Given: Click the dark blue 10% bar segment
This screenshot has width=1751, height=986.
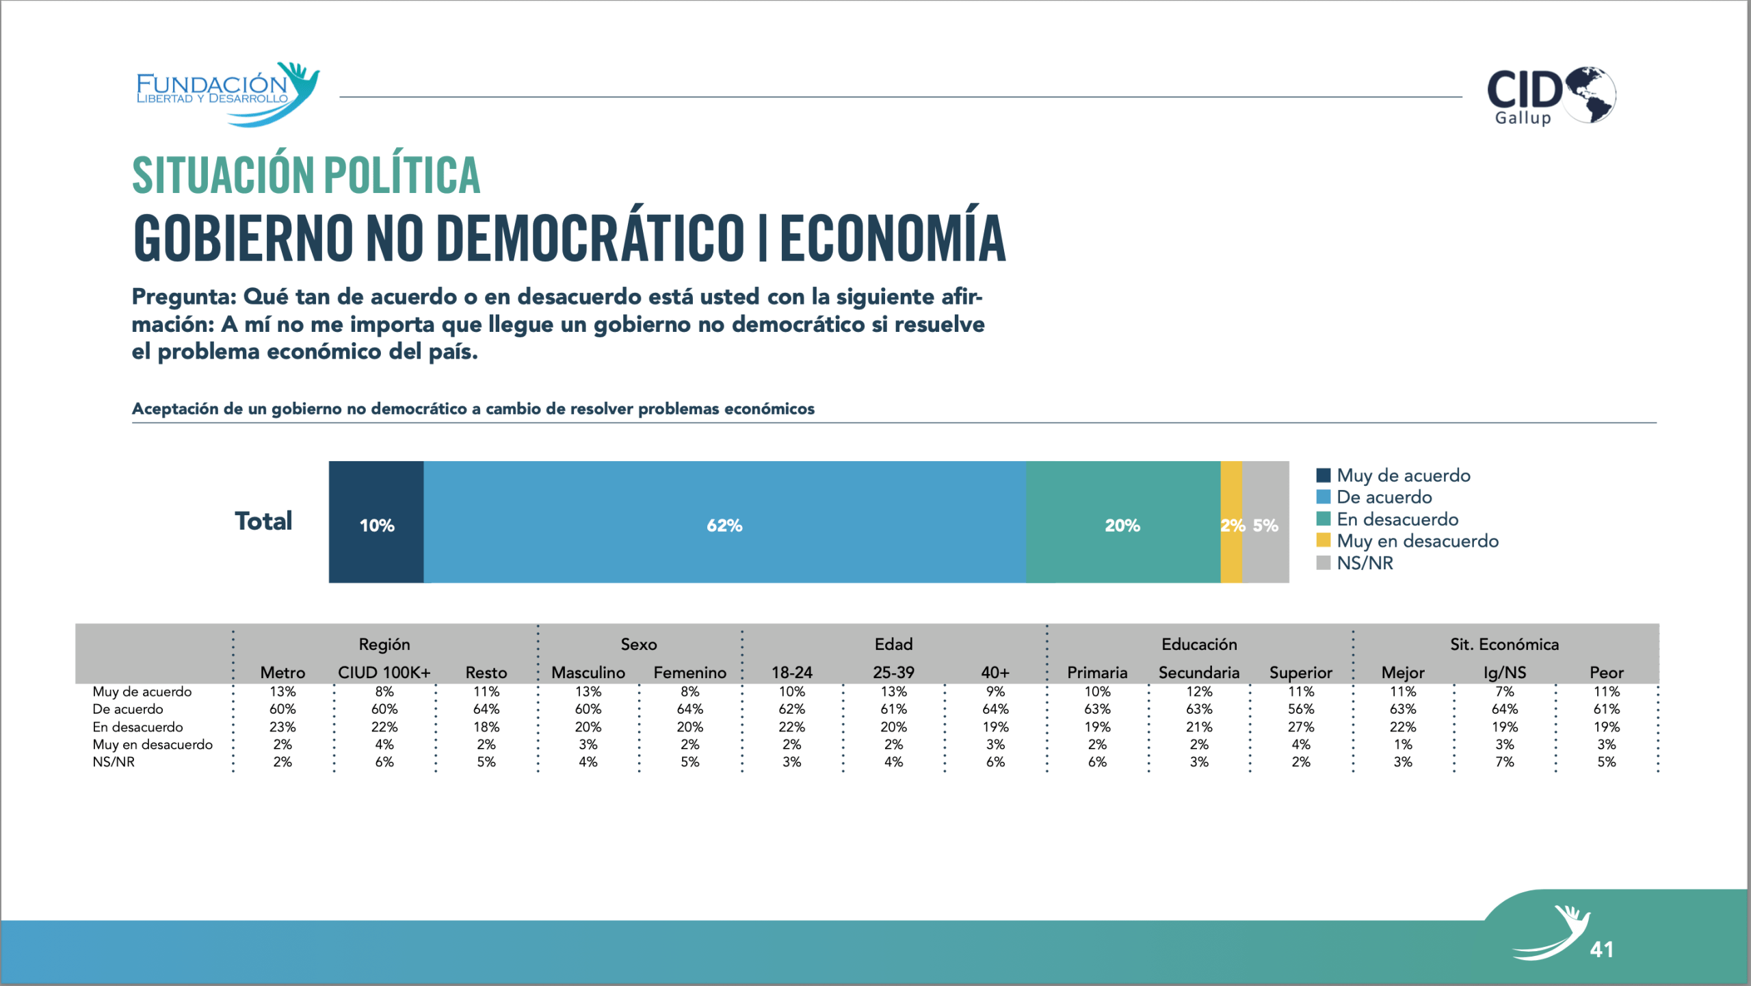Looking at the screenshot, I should (376, 522).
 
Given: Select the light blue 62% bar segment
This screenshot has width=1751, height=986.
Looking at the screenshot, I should (724, 522).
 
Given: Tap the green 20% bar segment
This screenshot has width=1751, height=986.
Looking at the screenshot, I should (1122, 522).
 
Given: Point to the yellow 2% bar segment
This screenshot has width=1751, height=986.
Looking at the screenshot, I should (1231, 522).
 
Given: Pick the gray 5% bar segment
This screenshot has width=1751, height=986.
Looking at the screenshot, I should (1266, 522).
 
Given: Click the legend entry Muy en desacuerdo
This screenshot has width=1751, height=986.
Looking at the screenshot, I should (1417, 541).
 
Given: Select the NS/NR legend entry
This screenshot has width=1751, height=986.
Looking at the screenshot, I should (1365, 563).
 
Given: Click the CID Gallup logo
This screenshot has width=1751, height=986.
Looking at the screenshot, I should (1551, 96).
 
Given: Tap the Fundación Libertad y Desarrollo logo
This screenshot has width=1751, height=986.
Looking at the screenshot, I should (228, 94).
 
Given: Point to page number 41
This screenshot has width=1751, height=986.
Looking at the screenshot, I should (1602, 950).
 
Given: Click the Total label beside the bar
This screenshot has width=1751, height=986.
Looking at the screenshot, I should (263, 521).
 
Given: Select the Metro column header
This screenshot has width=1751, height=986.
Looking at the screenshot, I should (282, 673).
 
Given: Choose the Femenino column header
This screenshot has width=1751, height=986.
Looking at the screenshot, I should (689, 673).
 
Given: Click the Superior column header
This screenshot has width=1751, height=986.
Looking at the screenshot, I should (1300, 673).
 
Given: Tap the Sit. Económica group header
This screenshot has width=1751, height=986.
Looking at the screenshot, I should (1504, 645).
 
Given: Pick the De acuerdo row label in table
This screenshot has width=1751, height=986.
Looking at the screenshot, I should (128, 710).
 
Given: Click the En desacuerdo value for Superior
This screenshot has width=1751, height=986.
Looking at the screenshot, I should (1300, 727).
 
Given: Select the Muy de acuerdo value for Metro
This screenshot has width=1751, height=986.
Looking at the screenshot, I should (282, 692).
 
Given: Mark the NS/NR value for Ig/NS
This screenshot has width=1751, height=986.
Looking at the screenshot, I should (1504, 762).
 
